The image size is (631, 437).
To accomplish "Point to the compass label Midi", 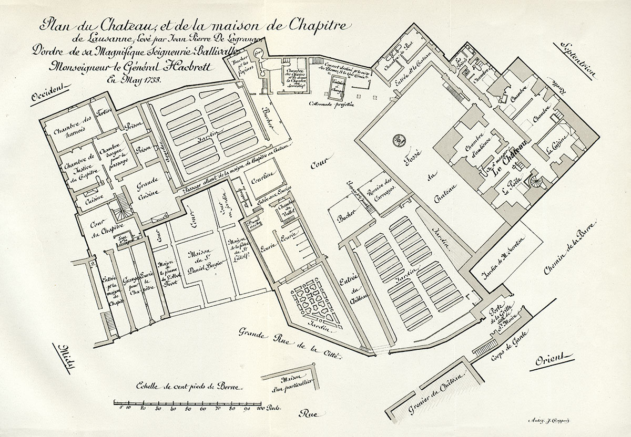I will point(68,355).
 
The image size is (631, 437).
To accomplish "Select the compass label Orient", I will point(552,360).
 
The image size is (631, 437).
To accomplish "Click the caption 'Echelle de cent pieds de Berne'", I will point(188,386).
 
